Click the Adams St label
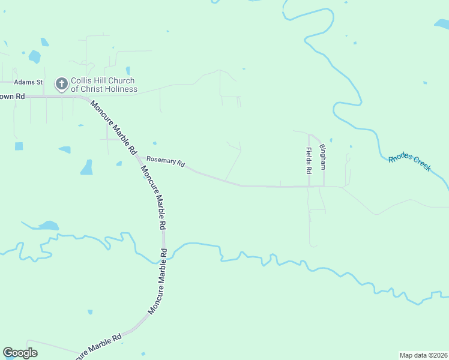pyautogui.click(x=29, y=82)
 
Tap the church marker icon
pyautogui.click(x=61, y=85)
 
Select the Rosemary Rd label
pyautogui.click(x=165, y=161)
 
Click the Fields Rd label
pyautogui.click(x=309, y=160)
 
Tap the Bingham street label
pyautogui.click(x=322, y=157)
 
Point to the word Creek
pyautogui.click(x=421, y=164)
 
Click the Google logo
pyautogui.click(x=20, y=353)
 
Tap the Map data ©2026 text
pyautogui.click(x=424, y=355)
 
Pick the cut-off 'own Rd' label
pyautogui.click(x=12, y=96)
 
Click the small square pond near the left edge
pyautogui.click(x=19, y=146)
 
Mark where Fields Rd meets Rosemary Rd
pyautogui.click(x=309, y=186)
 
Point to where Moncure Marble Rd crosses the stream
pyautogui.click(x=166, y=252)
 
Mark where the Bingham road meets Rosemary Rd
pyautogui.click(x=324, y=186)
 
